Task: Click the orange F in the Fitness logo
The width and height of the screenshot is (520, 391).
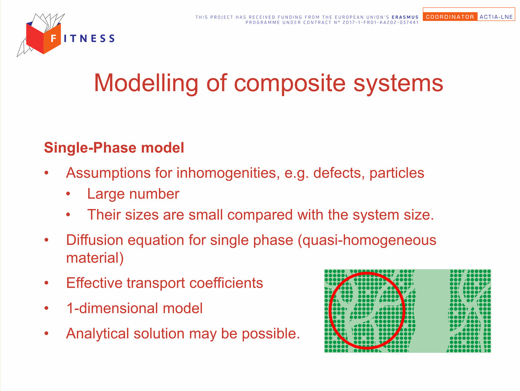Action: click(53, 39)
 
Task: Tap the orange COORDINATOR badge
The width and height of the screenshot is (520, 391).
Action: click(450, 17)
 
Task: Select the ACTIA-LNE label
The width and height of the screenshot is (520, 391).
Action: click(496, 17)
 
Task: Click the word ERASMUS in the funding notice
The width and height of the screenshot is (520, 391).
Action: click(405, 17)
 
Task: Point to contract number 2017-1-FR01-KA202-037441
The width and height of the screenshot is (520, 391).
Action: click(380, 23)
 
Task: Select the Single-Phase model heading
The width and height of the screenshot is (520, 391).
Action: click(114, 148)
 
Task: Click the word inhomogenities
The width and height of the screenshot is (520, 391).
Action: click(228, 173)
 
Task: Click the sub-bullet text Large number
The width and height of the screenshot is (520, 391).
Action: click(133, 194)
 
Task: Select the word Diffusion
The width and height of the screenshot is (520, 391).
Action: click(95, 240)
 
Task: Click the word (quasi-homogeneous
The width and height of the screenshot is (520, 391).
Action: click(367, 240)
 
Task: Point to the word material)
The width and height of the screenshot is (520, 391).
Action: click(95, 258)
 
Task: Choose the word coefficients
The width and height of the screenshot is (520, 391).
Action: click(226, 283)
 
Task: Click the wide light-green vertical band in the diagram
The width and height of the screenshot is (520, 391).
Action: click(430, 311)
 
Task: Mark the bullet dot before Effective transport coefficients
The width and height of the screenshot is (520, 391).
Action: click(46, 283)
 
